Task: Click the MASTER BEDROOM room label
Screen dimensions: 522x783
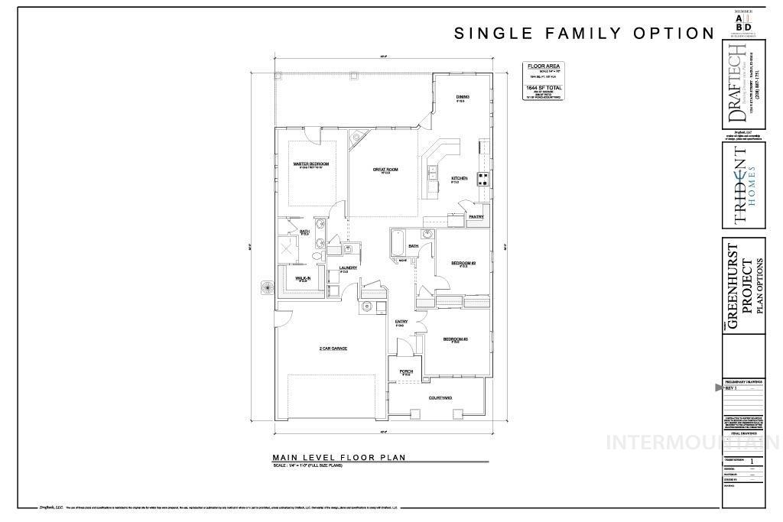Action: (x=311, y=164)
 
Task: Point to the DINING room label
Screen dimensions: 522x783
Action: (x=462, y=97)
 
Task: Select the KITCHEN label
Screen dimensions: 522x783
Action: (x=459, y=178)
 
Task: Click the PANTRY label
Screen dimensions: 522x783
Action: (x=476, y=217)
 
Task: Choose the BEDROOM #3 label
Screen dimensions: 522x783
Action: (x=455, y=339)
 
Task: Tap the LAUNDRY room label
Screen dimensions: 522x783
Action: (x=349, y=267)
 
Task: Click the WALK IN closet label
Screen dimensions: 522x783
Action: (x=303, y=278)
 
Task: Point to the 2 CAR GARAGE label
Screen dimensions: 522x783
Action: (x=333, y=349)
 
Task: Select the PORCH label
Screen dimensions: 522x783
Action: (x=406, y=372)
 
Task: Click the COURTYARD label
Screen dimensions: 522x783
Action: (x=440, y=397)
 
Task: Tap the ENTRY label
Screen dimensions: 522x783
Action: (x=401, y=322)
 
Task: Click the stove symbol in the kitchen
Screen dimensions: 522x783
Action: (x=484, y=180)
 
